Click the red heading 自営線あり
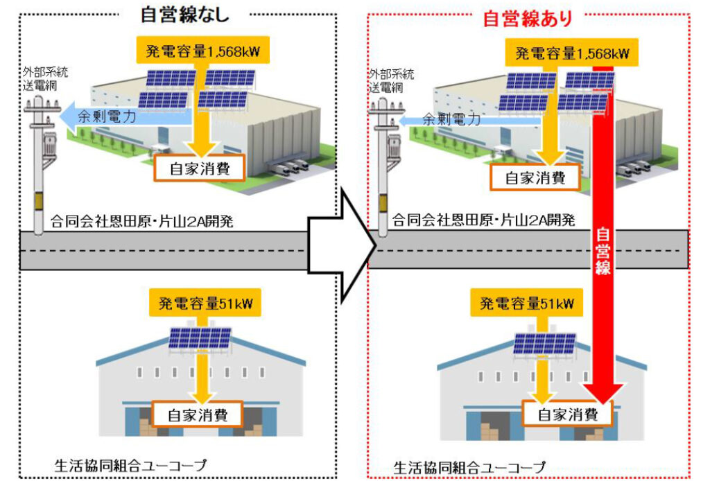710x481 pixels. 528,17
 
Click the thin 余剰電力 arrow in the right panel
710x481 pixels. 451,120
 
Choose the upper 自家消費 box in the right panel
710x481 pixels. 534,177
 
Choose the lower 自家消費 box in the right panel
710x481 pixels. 567,415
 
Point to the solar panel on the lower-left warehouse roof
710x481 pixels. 200,338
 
